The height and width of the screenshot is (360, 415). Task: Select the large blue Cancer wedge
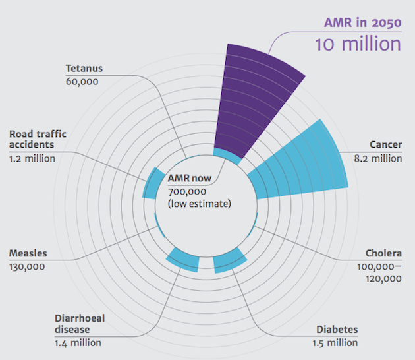300,165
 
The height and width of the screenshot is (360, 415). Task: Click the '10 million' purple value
358,44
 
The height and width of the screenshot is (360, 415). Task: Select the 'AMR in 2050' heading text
362,23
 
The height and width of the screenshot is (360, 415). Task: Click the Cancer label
385,145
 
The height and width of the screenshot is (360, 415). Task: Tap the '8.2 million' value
377,158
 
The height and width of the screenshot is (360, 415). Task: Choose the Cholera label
383,254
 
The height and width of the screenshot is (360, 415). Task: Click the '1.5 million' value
335,343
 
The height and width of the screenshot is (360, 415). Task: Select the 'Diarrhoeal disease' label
80,324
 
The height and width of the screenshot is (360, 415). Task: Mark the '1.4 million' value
78,343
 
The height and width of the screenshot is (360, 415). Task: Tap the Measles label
27,253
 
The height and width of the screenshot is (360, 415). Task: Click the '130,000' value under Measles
27,266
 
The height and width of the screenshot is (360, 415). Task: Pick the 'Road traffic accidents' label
38,140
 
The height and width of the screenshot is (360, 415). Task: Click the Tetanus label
84,68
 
